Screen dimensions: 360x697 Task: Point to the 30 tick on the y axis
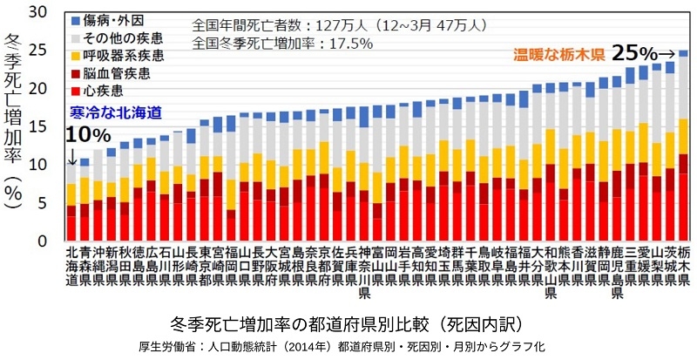(x=39, y=12)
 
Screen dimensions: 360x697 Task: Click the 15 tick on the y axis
(x=39, y=126)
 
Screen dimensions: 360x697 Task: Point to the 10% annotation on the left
(x=87, y=135)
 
